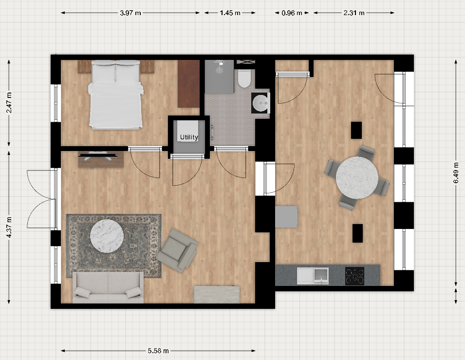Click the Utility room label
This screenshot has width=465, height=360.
click(189, 137)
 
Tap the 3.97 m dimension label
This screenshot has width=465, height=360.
click(130, 13)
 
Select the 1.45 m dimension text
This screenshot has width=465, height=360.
click(230, 13)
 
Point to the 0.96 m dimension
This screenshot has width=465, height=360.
click(292, 13)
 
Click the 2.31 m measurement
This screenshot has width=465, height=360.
click(354, 13)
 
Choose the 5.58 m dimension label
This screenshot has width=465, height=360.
click(158, 351)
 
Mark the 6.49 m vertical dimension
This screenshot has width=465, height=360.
click(456, 172)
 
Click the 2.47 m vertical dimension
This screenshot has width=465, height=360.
click(9, 102)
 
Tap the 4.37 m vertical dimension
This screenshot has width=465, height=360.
click(9, 227)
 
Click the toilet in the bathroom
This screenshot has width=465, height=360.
click(244, 78)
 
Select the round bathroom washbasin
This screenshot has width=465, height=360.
click(260, 103)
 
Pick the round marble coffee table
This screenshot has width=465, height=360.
click(107, 236)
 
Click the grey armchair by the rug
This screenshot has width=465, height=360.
click(178, 250)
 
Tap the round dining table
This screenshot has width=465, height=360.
click(357, 177)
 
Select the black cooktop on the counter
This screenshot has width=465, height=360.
click(354, 276)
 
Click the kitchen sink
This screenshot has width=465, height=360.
click(313, 276)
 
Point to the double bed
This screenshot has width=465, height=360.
click(116, 95)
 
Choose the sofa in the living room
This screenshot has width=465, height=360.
click(108, 287)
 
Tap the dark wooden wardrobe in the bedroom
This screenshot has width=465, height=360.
click(188, 84)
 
